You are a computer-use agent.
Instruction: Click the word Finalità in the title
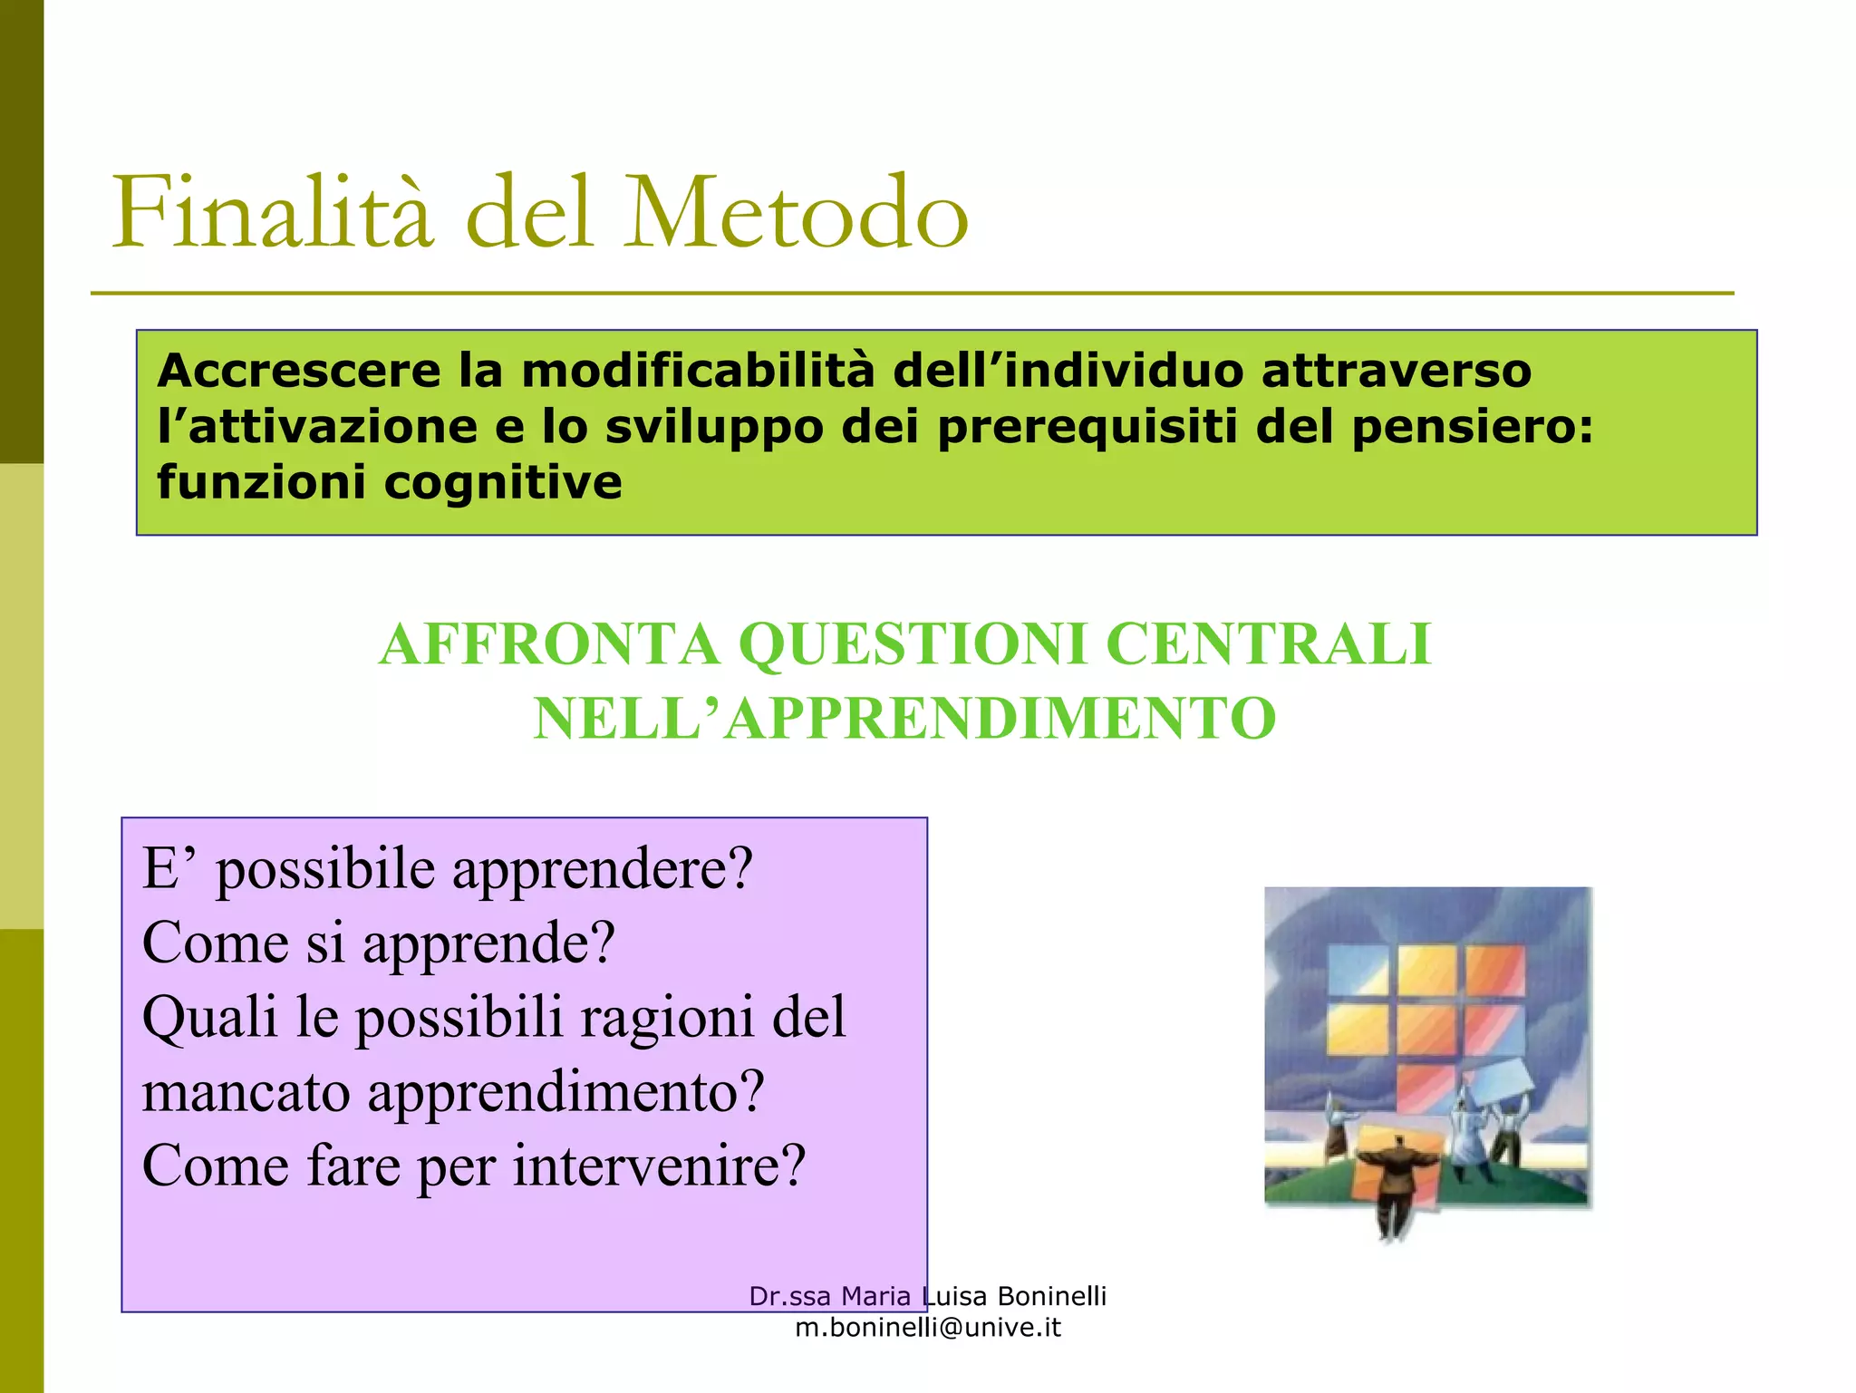(x=272, y=213)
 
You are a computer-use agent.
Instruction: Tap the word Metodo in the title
(x=797, y=213)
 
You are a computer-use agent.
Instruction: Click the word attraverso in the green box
(x=1396, y=372)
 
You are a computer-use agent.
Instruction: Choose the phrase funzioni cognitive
(x=390, y=482)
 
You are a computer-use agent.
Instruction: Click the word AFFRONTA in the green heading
(x=549, y=645)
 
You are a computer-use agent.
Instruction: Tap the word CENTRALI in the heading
(x=1268, y=645)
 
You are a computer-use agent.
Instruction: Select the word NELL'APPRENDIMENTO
(x=904, y=719)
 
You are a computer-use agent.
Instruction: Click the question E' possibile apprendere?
(x=448, y=869)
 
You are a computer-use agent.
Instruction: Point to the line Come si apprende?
(x=379, y=943)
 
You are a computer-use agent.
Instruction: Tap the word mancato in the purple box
(x=246, y=1091)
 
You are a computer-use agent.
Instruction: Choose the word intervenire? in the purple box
(x=659, y=1166)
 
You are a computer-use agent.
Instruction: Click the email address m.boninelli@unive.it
(x=928, y=1328)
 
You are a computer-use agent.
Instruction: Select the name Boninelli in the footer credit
(x=1051, y=1297)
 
